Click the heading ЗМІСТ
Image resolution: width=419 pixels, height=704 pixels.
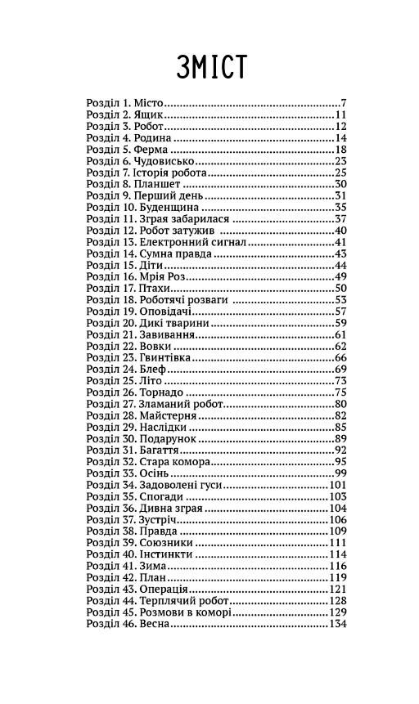[x=211, y=66]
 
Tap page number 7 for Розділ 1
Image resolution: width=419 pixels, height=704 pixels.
[x=345, y=104]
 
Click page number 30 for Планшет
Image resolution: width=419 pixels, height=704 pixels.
[x=340, y=185]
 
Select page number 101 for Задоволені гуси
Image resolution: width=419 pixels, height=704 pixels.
[x=338, y=485]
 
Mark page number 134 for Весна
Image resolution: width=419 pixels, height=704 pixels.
[x=338, y=624]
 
